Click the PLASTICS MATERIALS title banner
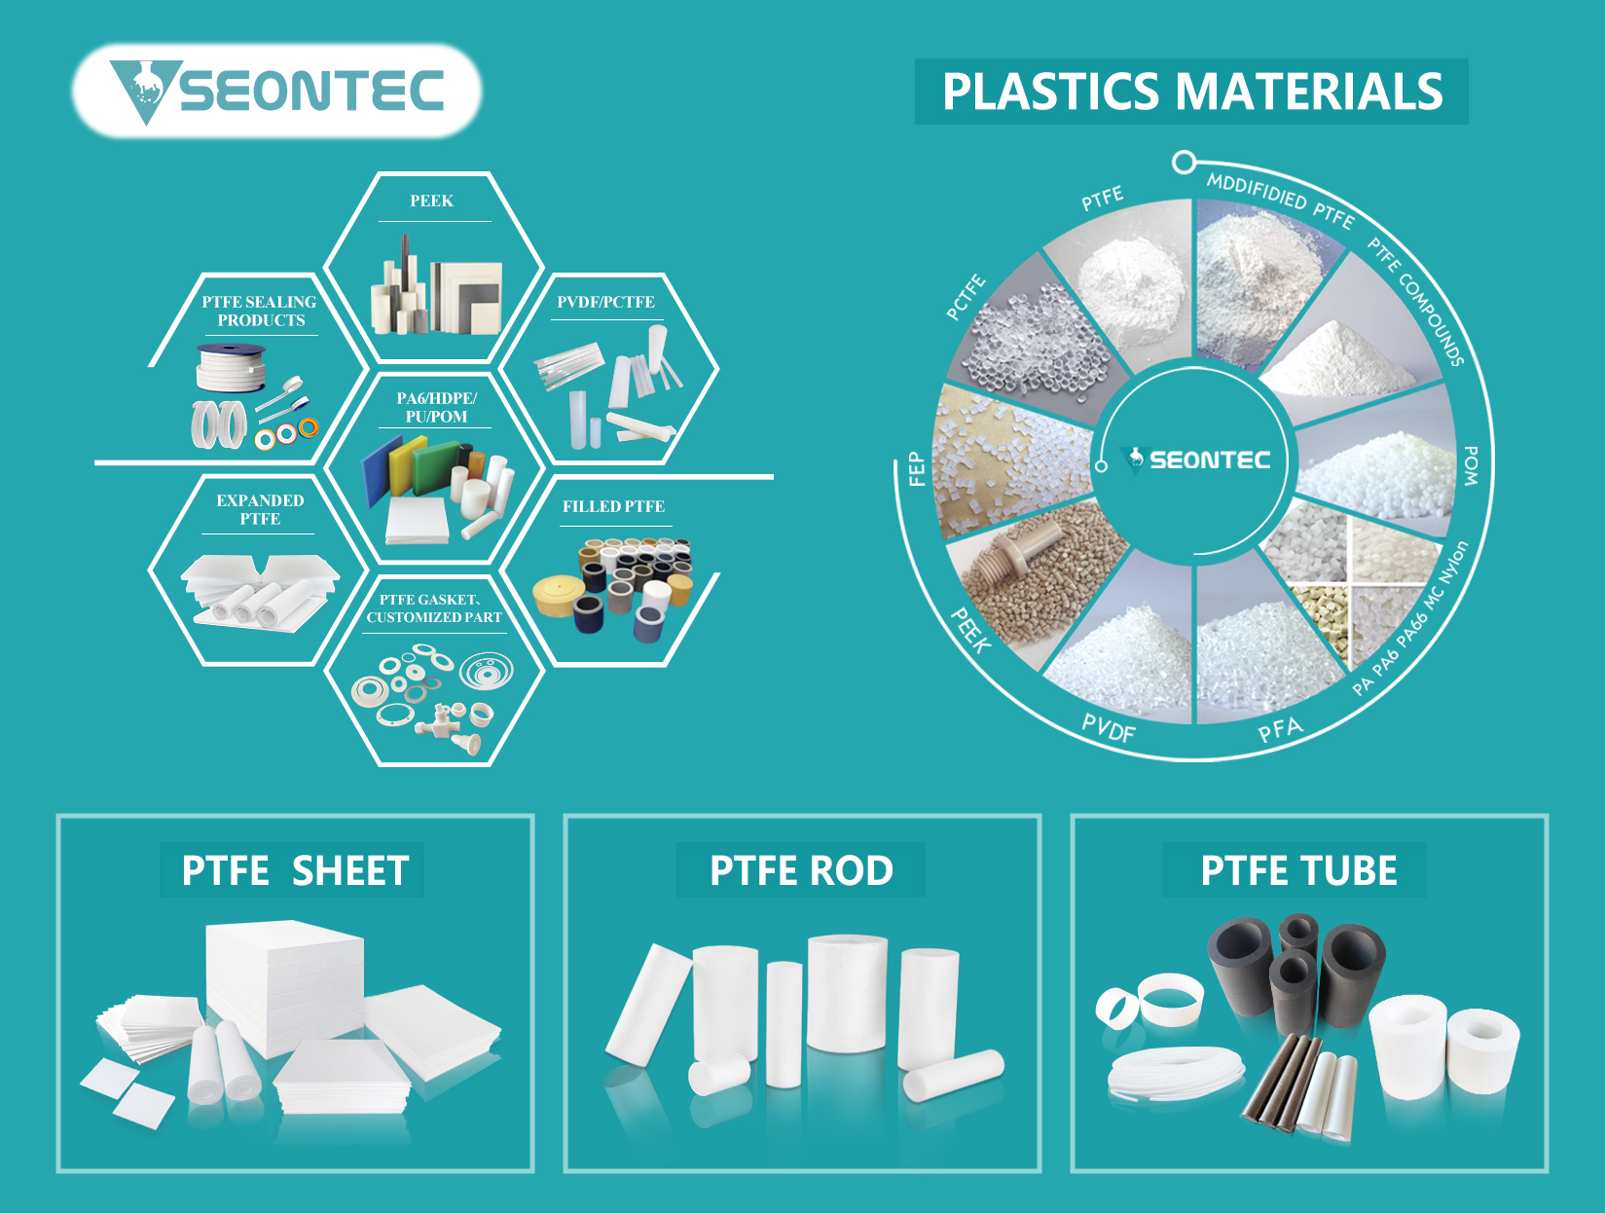pyautogui.click(x=1191, y=92)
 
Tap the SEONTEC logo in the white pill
pyautogui.click(x=276, y=92)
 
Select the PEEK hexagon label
pyautogui.click(x=431, y=202)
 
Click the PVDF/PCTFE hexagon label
pyautogui.click(x=605, y=302)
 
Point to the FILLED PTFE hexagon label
pyautogui.click(x=613, y=506)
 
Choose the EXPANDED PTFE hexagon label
pyautogui.click(x=260, y=509)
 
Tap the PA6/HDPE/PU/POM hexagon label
pyautogui.click(x=436, y=407)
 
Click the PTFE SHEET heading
pyautogui.click(x=295, y=871)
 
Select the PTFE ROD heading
pyautogui.click(x=801, y=871)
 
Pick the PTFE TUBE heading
pyautogui.click(x=1298, y=871)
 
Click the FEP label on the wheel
pyautogui.click(x=916, y=469)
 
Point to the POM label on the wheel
pyautogui.click(x=1471, y=465)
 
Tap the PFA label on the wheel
pyautogui.click(x=1280, y=730)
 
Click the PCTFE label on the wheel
pyautogui.click(x=966, y=298)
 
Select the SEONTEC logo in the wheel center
pyautogui.click(x=1195, y=459)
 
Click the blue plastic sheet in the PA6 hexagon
pyautogui.click(x=381, y=470)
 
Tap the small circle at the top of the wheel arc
pyautogui.click(x=1184, y=162)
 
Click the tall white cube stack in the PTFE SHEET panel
pyautogui.click(x=284, y=987)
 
